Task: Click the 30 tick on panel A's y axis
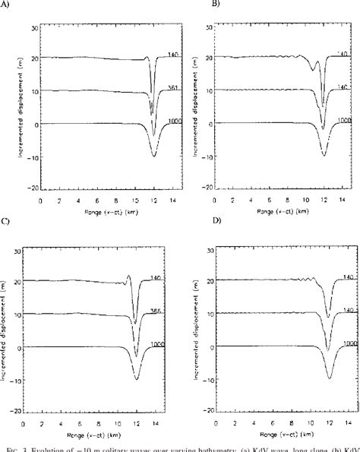tap(33, 27)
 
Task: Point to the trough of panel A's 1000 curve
tap(154, 156)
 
